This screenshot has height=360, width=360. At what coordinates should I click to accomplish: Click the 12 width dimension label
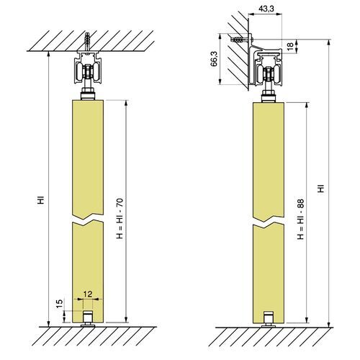[x=88, y=294]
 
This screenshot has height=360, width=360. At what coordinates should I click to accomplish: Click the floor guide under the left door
[x=89, y=319]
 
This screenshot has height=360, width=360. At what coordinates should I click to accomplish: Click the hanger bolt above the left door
[x=89, y=93]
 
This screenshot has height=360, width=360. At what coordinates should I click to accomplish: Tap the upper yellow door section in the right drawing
[x=269, y=158]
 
